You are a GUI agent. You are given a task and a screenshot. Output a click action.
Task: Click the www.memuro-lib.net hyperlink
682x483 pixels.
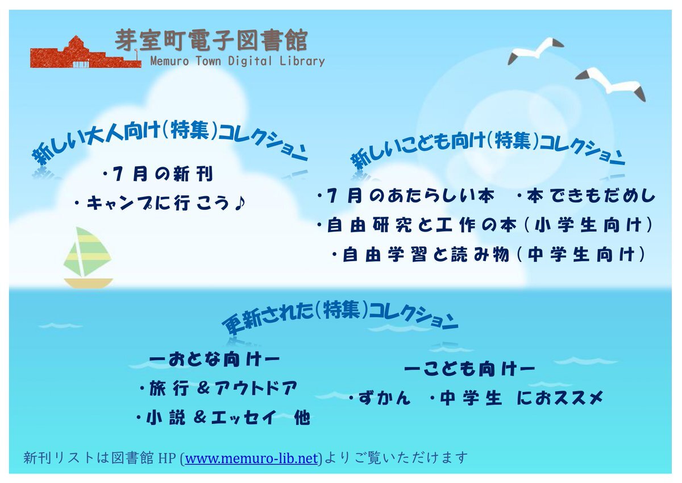(251, 459)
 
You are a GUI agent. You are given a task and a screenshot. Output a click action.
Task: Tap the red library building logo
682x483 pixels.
(86, 52)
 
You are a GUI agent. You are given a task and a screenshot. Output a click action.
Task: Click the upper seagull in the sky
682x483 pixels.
(535, 51)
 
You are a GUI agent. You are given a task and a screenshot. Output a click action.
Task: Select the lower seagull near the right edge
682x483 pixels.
(610, 84)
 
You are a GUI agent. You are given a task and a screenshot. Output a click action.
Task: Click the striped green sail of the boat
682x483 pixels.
(88, 251)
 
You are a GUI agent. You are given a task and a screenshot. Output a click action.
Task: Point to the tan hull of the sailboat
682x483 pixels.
(88, 283)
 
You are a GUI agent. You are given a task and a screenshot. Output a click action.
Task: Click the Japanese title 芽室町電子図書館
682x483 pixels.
(211, 40)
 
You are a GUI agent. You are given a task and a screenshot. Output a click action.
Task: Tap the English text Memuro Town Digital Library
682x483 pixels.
(238, 61)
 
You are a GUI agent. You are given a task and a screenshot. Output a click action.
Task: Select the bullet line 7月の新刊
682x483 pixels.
(158, 174)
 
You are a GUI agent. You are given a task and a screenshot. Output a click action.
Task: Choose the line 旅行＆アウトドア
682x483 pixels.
(218, 389)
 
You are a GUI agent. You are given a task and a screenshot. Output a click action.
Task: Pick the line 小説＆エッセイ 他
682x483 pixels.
(223, 418)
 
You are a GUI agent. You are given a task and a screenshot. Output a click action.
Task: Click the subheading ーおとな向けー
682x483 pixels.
(214, 360)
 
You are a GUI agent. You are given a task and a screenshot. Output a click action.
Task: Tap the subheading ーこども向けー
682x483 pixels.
(469, 370)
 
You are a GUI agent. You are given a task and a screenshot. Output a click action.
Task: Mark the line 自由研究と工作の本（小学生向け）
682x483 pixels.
(485, 225)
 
